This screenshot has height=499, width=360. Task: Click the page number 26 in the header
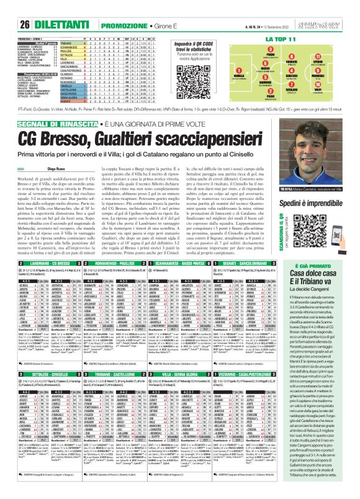[x=9, y=7]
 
